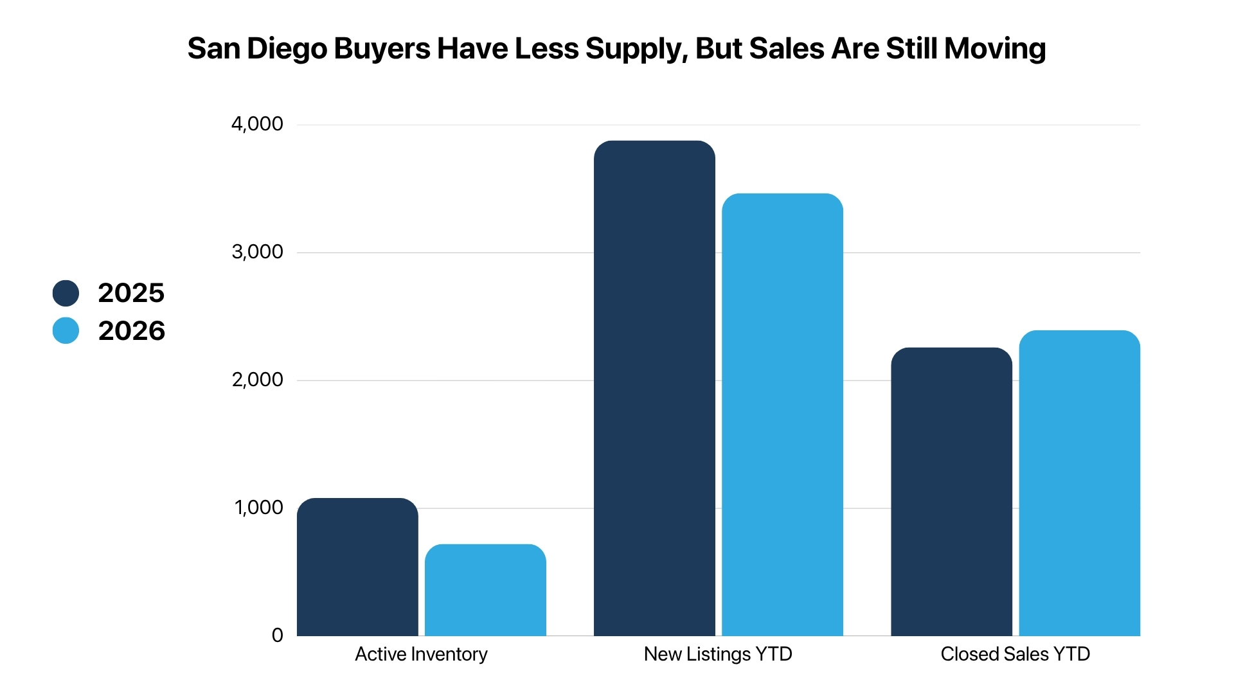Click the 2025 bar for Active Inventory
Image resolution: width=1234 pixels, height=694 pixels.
(357, 567)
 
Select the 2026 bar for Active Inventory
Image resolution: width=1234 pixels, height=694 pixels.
(485, 590)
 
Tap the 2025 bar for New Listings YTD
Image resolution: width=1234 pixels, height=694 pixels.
(654, 388)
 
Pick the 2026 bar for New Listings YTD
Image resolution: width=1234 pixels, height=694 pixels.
(782, 414)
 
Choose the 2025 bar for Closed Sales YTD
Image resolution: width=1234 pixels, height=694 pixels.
(951, 492)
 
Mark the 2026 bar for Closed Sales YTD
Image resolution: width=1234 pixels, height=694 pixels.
(1080, 483)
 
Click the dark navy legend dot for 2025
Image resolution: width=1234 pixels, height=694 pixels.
(66, 293)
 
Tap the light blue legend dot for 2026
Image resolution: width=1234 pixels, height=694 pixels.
(66, 330)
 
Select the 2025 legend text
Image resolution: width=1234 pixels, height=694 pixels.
(131, 293)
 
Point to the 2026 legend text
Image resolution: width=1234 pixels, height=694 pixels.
(132, 331)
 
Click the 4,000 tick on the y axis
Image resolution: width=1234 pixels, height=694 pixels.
(257, 124)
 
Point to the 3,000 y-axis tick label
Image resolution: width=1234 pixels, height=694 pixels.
(257, 252)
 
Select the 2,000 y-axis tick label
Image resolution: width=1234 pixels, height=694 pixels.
(257, 380)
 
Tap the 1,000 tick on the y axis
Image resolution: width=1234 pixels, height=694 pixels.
(259, 508)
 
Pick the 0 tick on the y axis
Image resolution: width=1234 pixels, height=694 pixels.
(278, 636)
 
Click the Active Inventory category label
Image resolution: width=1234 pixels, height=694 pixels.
(422, 654)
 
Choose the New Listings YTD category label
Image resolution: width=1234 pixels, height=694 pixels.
(718, 654)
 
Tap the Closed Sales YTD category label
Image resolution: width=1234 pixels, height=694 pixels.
(1015, 654)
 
